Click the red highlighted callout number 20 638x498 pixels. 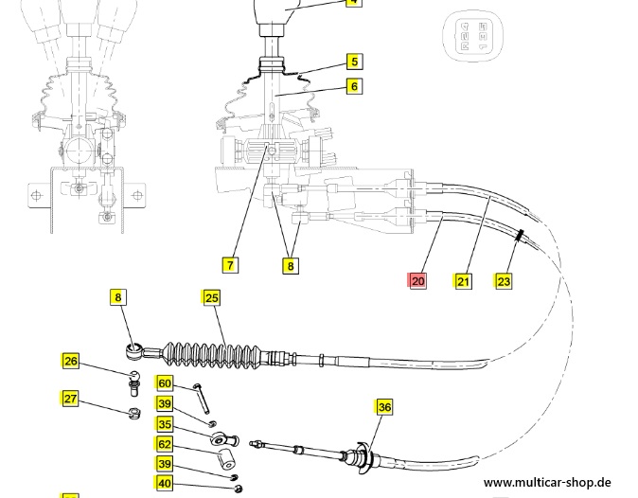(x=417, y=280)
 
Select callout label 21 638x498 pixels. (x=463, y=280)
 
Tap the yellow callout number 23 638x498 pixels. (x=504, y=280)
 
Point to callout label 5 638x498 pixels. (x=353, y=62)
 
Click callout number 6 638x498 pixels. (x=353, y=87)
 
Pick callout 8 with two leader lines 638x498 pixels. (x=291, y=265)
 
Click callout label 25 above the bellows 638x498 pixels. (x=211, y=298)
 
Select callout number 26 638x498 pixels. (x=71, y=361)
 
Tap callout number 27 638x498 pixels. (x=71, y=399)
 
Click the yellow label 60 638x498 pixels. (x=165, y=383)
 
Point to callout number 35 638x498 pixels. (x=165, y=425)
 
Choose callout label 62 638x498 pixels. (x=165, y=444)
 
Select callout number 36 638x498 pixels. (x=383, y=407)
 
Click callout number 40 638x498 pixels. (x=165, y=485)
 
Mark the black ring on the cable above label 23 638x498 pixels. (x=520, y=235)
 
